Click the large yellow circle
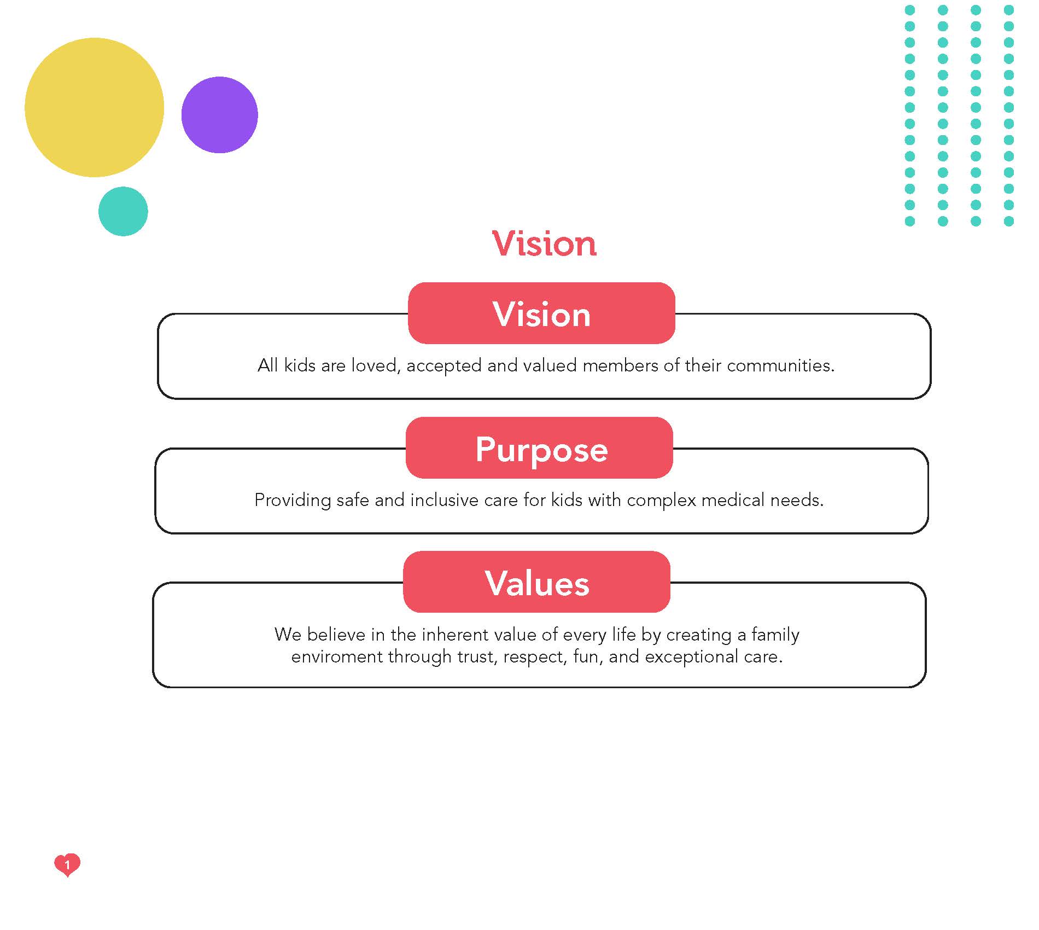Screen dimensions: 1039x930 [x=94, y=107]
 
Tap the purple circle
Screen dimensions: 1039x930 [x=219, y=115]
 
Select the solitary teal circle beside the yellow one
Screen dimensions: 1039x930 [x=123, y=211]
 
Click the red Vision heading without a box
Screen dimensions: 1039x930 [x=544, y=243]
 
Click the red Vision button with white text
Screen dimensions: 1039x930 [x=541, y=313]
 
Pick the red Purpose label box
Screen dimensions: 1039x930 [x=539, y=447]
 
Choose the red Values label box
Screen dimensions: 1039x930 [x=536, y=582]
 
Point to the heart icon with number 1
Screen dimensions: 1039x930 [x=67, y=865]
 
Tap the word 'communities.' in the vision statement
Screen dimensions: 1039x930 [x=780, y=365]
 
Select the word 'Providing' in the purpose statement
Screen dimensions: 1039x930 [x=293, y=500]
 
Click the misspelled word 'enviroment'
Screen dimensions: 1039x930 [x=337, y=656]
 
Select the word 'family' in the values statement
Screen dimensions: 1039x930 [x=775, y=635]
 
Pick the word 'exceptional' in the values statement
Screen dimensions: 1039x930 [x=692, y=656]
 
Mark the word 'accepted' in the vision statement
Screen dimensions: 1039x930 [x=444, y=366]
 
